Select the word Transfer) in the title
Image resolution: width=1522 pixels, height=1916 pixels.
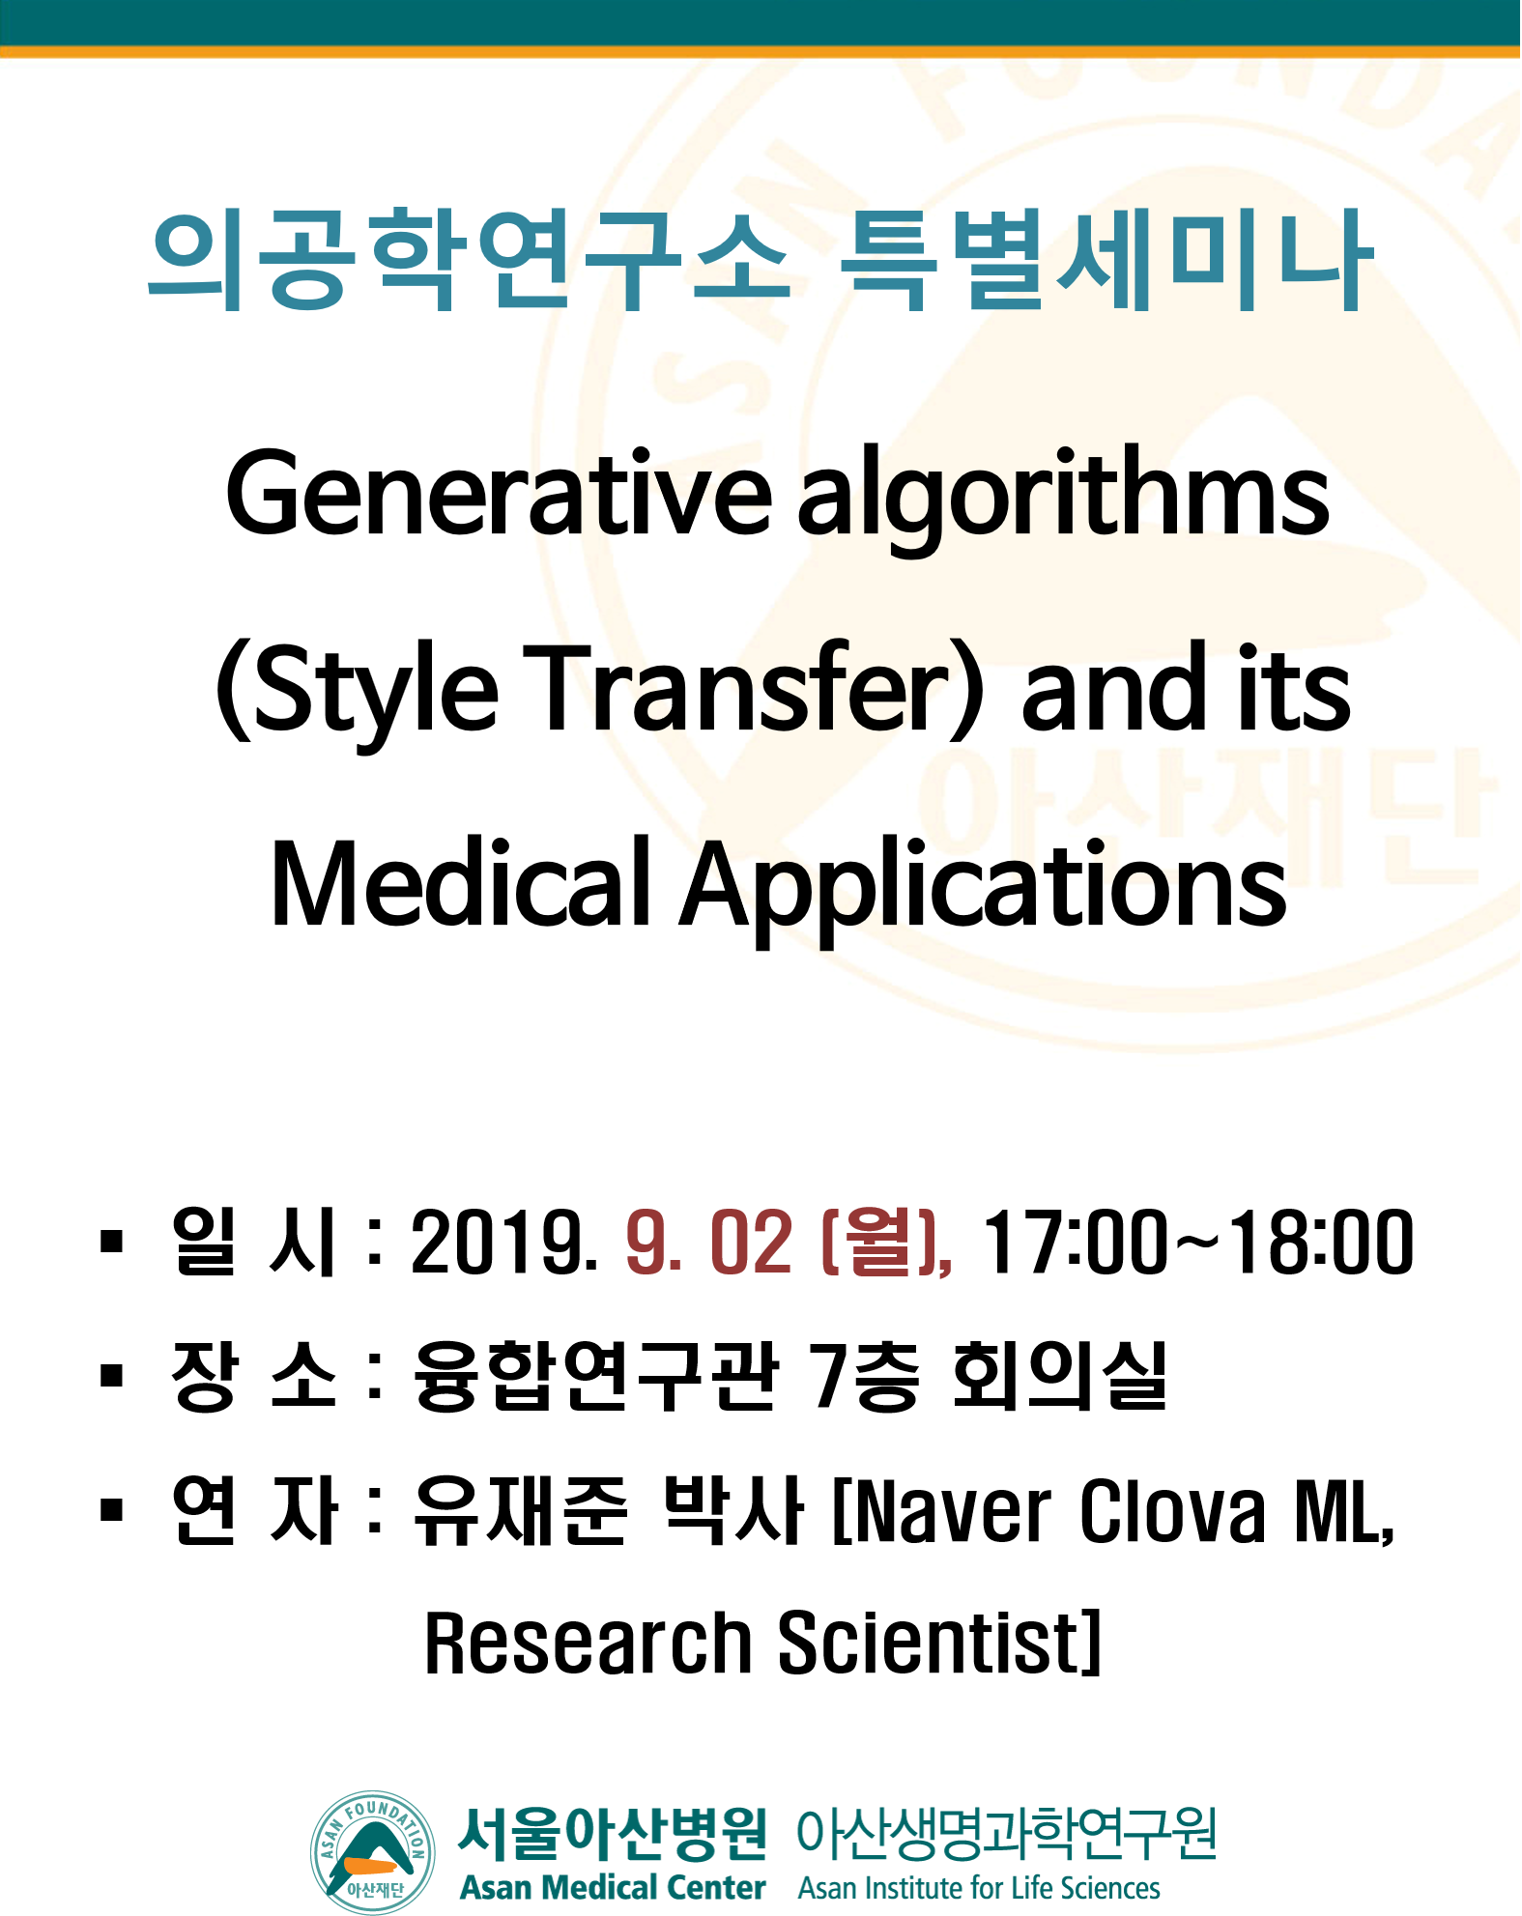coord(754,688)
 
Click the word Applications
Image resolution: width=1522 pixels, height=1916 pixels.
coord(983,889)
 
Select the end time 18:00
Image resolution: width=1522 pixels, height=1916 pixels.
coord(1321,1242)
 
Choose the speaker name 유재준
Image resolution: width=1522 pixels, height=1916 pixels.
coord(520,1510)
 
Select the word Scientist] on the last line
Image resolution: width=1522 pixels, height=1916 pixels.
coord(939,1643)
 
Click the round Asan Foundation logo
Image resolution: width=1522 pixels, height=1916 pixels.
coord(373,1851)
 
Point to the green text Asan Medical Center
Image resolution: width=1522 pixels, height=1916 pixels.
coord(613,1887)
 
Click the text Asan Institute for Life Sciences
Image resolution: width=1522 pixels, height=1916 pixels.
coord(979,1888)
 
